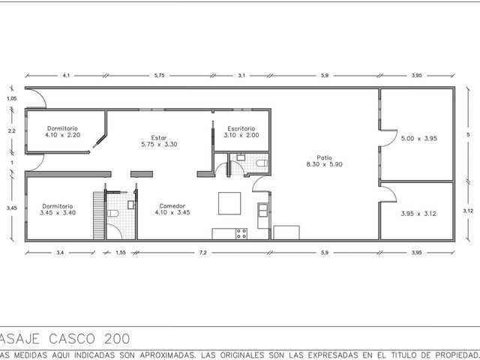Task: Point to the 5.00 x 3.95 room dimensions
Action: [419, 138]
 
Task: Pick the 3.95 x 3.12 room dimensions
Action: [418, 214]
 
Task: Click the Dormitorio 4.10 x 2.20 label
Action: [62, 132]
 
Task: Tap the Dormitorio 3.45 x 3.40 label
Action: [58, 209]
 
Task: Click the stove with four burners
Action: [241, 234]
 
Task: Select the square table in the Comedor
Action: [229, 203]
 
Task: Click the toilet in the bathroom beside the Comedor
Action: [113, 213]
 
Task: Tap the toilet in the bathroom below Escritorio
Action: [262, 163]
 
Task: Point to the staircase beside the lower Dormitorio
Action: [99, 215]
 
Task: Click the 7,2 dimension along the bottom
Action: [203, 253]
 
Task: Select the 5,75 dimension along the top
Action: [159, 75]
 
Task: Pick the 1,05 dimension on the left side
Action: [12, 98]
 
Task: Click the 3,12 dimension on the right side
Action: [468, 211]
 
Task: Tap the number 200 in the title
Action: [117, 338]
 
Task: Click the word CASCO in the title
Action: [72, 338]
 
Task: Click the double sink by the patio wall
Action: [263, 210]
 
